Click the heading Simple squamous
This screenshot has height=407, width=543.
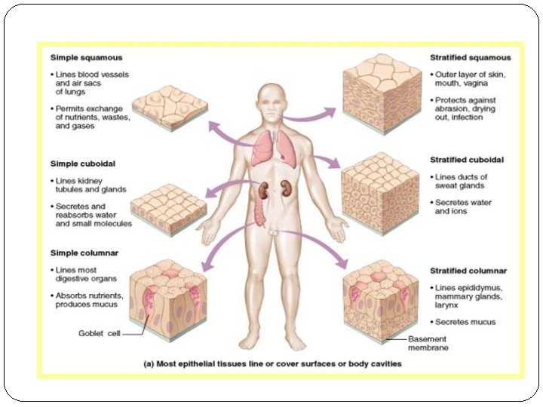point(87,57)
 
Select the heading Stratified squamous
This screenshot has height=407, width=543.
point(470,57)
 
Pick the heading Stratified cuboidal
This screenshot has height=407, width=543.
point(467,160)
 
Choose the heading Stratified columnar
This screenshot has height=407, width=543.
point(468,271)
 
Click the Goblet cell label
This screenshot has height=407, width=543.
point(99,332)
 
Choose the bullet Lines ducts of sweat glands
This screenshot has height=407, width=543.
point(462,180)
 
